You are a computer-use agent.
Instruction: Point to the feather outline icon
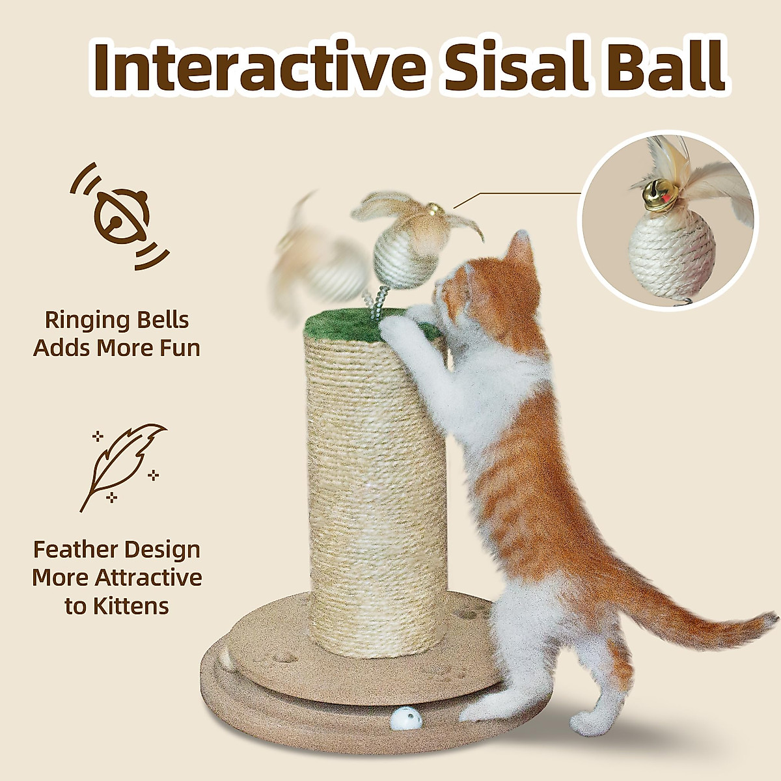click(124, 465)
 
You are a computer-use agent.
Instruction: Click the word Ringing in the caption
click(83, 320)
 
